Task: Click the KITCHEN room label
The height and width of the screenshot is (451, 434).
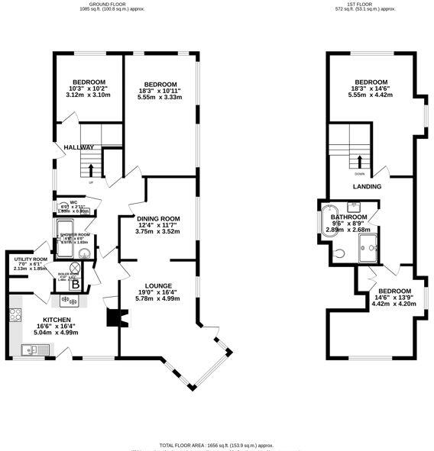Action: pyautogui.click(x=57, y=320)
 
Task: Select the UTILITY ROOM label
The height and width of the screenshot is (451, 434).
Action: pyautogui.click(x=31, y=259)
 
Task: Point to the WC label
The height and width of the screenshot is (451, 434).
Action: pyautogui.click(x=74, y=202)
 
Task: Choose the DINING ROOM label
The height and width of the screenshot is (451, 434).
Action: pyautogui.click(x=158, y=218)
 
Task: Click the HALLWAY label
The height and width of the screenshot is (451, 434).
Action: pyautogui.click(x=79, y=147)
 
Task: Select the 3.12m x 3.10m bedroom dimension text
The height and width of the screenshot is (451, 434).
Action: pyautogui.click(x=89, y=95)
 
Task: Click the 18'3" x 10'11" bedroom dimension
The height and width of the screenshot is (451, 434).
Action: pyautogui.click(x=161, y=91)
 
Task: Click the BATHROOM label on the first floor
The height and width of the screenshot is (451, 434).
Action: pyautogui.click(x=348, y=217)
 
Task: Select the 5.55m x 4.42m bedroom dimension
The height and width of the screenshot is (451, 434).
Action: pyautogui.click(x=371, y=95)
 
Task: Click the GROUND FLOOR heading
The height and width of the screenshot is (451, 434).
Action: pyautogui.click(x=107, y=4)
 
